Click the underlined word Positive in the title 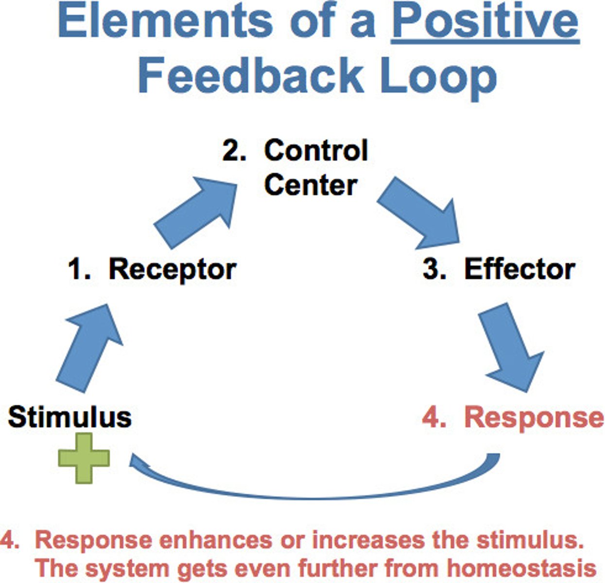pyautogui.click(x=485, y=22)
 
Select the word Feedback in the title pyautogui.click(x=250, y=77)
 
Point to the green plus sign pyautogui.click(x=84, y=458)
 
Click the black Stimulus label pyautogui.click(x=69, y=417)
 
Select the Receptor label pyautogui.click(x=172, y=269)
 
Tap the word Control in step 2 pyautogui.click(x=316, y=151)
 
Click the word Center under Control pyautogui.click(x=311, y=185)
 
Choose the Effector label pyautogui.click(x=519, y=269)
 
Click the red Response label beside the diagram pyautogui.click(x=534, y=417)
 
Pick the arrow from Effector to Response pyautogui.click(x=511, y=347)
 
